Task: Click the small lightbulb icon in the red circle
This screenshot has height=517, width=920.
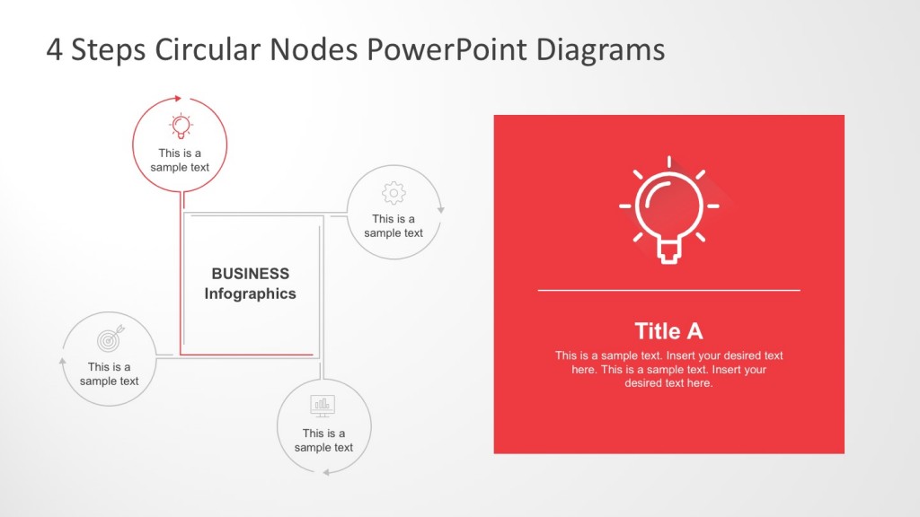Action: click(x=181, y=126)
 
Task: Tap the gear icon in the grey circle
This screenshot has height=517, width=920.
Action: click(x=394, y=193)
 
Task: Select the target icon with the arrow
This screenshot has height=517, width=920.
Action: click(x=110, y=340)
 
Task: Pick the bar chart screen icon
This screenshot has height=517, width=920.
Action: click(x=323, y=406)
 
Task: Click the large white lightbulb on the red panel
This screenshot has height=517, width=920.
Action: click(x=668, y=212)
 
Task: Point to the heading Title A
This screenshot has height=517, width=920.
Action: click(x=668, y=330)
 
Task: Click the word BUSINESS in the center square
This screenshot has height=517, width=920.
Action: click(x=250, y=274)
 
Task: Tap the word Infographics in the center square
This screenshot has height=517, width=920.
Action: click(x=250, y=294)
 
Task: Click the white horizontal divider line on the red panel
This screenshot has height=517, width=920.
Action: click(x=668, y=291)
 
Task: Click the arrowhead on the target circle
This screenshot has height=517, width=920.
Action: click(x=63, y=361)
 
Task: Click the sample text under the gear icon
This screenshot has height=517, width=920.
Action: click(x=394, y=226)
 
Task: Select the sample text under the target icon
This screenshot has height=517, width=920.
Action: click(x=110, y=373)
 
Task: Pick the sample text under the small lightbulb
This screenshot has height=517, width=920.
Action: click(x=180, y=160)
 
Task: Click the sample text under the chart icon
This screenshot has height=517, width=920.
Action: click(x=323, y=440)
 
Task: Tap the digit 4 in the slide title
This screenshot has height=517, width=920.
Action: click(x=55, y=50)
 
